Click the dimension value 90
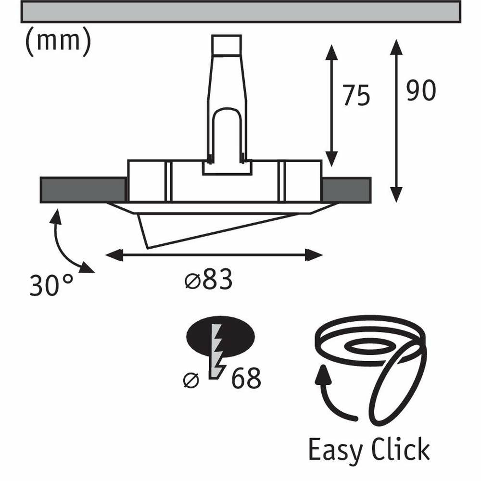point(421,91)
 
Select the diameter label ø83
point(208,280)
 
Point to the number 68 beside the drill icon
point(246,379)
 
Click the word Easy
point(336,450)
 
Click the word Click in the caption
point(400,450)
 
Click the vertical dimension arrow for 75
point(330,105)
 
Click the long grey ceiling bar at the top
point(240,12)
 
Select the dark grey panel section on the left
point(82,190)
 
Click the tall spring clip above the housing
point(227,101)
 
